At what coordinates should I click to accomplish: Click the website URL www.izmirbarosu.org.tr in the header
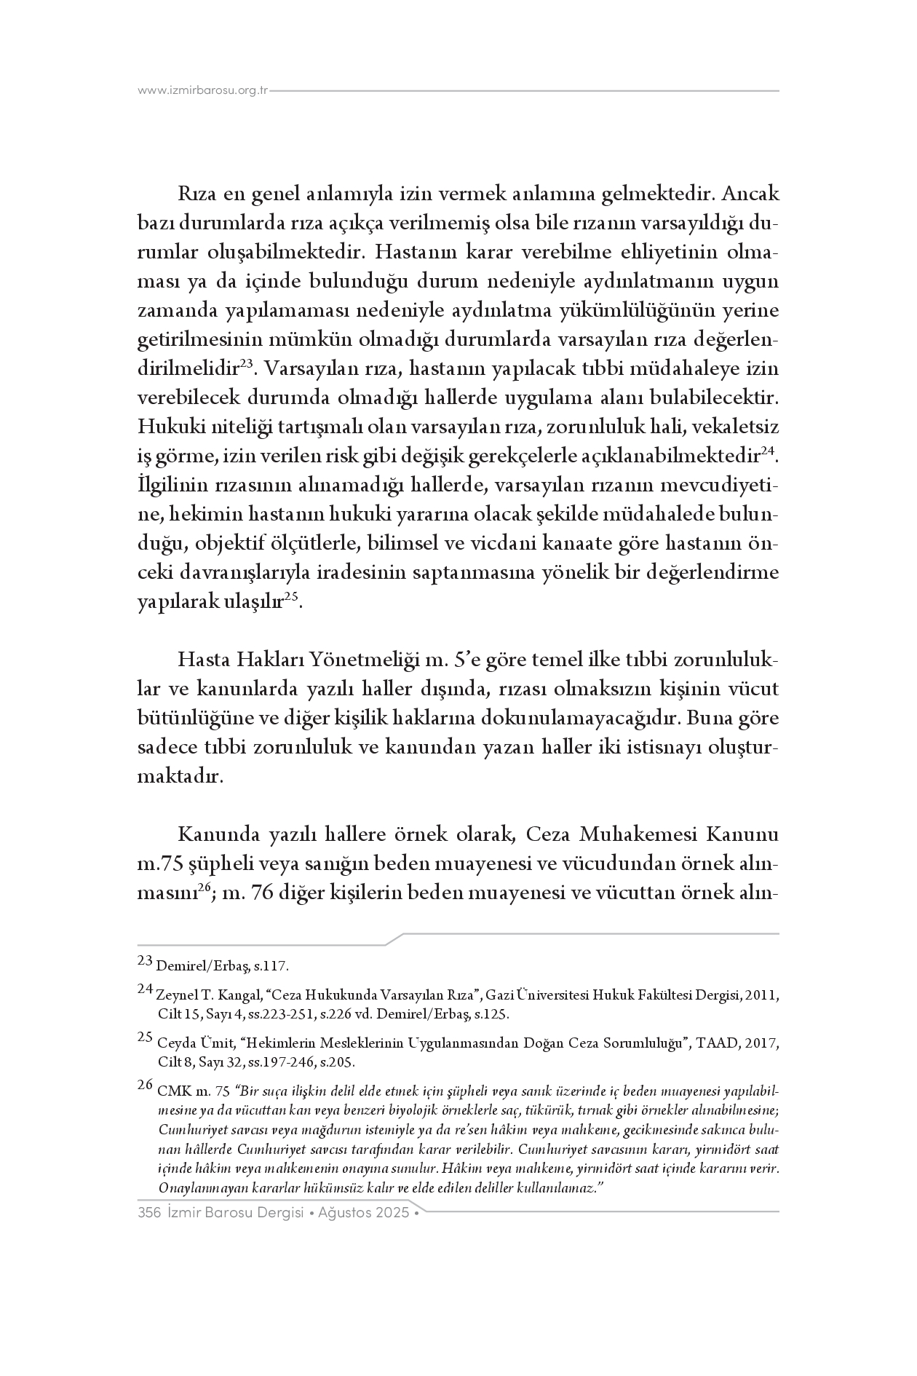click(203, 91)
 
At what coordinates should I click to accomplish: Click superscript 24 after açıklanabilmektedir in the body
click(768, 451)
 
